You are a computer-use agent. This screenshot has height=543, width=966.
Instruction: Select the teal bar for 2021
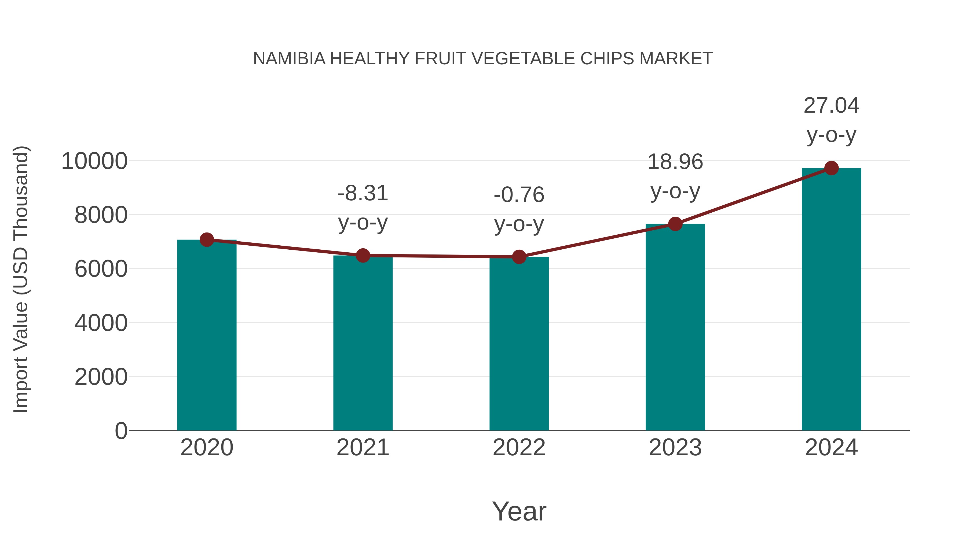(x=363, y=343)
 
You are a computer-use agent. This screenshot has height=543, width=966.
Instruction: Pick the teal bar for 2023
(x=675, y=327)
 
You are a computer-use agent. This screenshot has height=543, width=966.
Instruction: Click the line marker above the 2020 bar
(x=207, y=239)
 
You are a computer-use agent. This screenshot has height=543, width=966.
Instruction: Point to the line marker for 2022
(x=519, y=257)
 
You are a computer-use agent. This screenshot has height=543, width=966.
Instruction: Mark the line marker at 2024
(x=831, y=168)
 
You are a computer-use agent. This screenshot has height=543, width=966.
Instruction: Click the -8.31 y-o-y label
(x=363, y=208)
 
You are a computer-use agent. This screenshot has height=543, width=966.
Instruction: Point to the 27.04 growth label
(x=831, y=120)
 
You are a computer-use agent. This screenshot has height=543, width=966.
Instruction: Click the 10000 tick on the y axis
(x=94, y=161)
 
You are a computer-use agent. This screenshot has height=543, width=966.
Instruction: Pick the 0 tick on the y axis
(x=121, y=431)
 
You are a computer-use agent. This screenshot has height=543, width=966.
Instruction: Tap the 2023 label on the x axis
(x=675, y=448)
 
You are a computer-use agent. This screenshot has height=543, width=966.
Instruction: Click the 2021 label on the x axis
(x=363, y=448)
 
